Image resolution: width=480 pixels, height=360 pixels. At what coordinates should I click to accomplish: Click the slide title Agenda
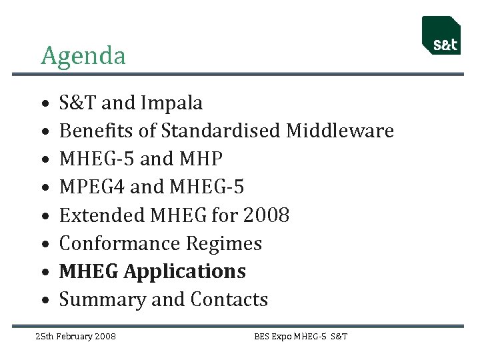click(83, 56)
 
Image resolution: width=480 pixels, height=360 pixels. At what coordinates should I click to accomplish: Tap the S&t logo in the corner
click(442, 36)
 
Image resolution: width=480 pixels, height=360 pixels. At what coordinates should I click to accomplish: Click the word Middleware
click(340, 131)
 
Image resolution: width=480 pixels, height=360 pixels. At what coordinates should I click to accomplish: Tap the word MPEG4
click(92, 187)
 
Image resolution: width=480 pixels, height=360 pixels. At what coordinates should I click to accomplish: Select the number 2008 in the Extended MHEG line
click(267, 215)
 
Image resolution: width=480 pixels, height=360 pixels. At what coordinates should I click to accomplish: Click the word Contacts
click(229, 299)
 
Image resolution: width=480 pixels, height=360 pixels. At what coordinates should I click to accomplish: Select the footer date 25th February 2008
click(75, 336)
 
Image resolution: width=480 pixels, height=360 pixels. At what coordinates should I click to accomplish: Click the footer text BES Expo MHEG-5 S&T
click(301, 336)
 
